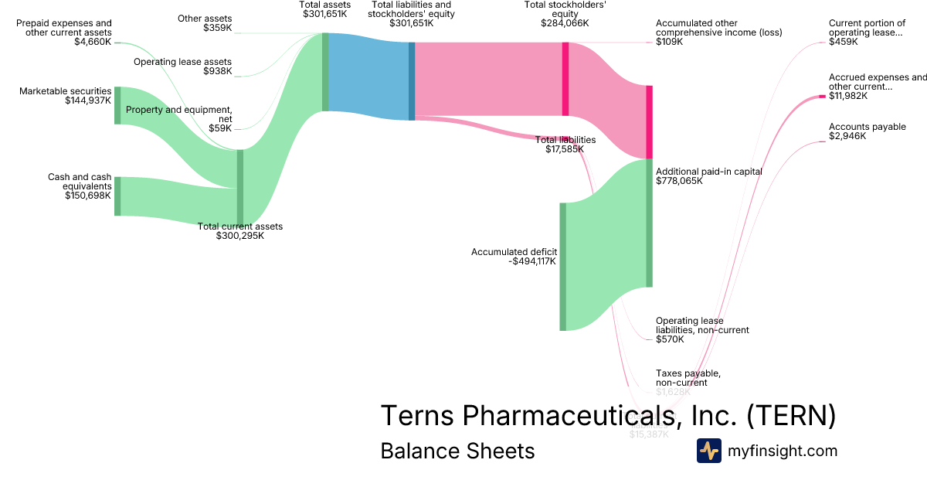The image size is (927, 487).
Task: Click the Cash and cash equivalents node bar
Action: (117, 196)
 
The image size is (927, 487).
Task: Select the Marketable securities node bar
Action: (117, 106)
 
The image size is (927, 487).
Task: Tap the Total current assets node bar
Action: (240, 186)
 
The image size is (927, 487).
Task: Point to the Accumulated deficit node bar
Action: (563, 267)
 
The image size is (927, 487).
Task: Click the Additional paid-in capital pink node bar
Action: (650, 121)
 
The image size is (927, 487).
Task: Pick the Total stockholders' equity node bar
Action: (565, 79)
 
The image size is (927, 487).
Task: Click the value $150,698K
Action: (88, 196)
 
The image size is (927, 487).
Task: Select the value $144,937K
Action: (88, 100)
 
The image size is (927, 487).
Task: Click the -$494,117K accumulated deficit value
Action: (532, 261)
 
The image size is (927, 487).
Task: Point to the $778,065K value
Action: (679, 181)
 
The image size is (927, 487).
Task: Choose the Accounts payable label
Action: (867, 127)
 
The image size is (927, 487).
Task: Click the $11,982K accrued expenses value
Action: (848, 96)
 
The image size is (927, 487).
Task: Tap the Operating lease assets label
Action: (182, 62)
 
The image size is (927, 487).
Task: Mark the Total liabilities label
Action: (565, 140)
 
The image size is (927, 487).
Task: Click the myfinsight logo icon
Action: (708, 451)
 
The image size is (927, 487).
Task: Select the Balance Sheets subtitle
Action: (457, 451)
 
